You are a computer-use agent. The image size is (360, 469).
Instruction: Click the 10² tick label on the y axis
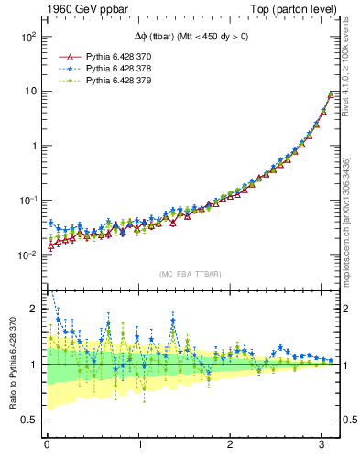pyautogui.click(x=27, y=37)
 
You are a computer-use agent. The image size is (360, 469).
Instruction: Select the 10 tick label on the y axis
pyautogui.click(x=29, y=91)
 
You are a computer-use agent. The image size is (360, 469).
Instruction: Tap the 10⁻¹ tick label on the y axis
pyautogui.click(x=27, y=200)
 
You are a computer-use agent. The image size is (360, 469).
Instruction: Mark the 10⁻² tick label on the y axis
pyautogui.click(x=27, y=255)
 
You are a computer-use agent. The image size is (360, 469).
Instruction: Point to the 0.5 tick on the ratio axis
pyautogui.click(x=29, y=420)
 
